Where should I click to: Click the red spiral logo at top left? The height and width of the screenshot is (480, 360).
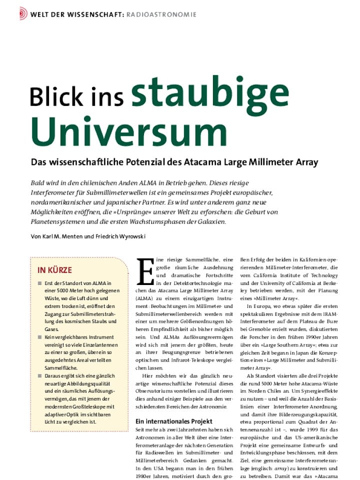pos(22,13)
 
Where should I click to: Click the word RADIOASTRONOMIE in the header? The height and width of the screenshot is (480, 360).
pos(160,14)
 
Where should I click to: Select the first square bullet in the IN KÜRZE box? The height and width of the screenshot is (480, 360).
pos(40,284)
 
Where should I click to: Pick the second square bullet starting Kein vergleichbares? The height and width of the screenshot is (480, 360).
pos(40,337)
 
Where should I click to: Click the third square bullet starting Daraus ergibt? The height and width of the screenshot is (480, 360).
pos(40,375)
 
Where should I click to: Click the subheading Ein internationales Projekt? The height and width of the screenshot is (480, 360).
pos(174,421)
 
